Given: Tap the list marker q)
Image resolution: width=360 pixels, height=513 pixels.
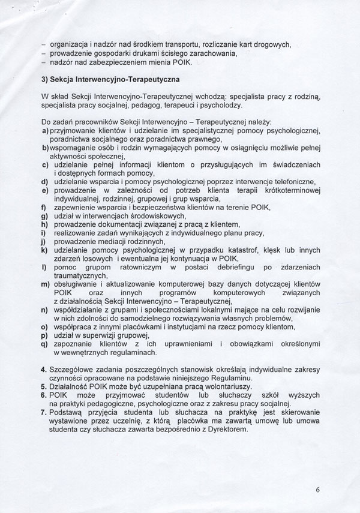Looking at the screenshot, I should (44, 343).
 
